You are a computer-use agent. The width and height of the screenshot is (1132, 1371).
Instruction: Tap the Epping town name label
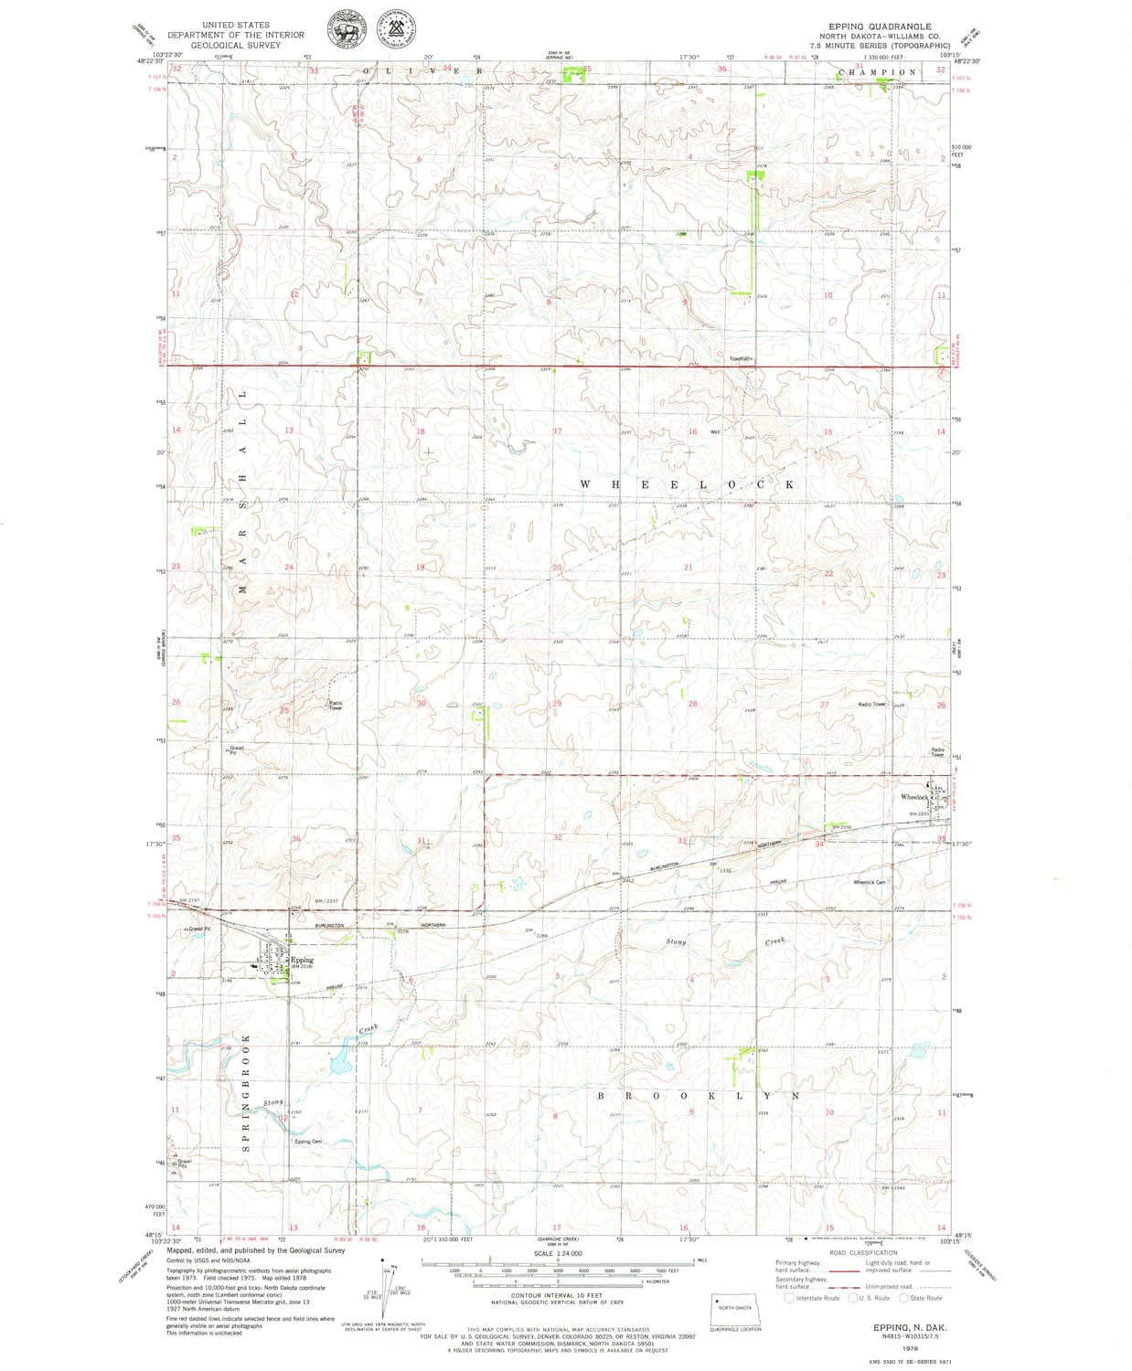click(303, 961)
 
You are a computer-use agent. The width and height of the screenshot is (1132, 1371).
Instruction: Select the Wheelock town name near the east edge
click(914, 797)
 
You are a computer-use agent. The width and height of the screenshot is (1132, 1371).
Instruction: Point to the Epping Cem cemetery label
click(308, 1142)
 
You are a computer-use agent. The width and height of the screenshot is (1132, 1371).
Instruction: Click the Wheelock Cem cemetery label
click(869, 882)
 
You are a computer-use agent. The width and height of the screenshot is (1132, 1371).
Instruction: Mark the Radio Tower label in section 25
click(336, 705)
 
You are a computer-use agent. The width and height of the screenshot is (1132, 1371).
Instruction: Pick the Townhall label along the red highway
click(740, 357)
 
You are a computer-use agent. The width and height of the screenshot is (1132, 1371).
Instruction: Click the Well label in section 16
click(716, 432)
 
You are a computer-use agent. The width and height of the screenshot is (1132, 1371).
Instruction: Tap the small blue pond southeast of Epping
click(339, 1063)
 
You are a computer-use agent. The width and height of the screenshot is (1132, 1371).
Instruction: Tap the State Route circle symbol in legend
click(905, 1297)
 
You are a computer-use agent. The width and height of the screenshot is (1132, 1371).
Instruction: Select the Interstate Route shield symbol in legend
click(789, 1297)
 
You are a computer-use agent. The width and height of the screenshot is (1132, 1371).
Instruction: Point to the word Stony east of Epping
click(676, 941)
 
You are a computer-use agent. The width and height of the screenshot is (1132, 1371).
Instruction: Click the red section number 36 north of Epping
click(296, 839)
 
